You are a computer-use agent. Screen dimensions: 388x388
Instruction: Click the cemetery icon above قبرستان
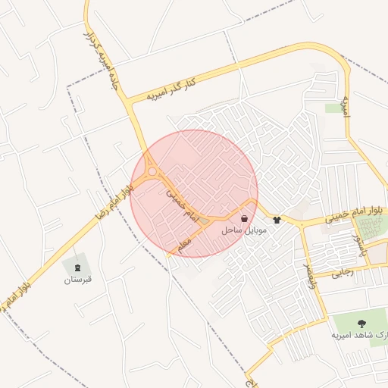tap(77, 267)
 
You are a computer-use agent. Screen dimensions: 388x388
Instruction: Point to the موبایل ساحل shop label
tap(242, 229)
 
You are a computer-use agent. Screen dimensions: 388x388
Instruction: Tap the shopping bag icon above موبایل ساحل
tap(242, 217)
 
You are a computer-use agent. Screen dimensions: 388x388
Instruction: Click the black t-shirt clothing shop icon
tap(277, 220)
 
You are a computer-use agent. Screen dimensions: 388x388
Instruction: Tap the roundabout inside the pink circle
tap(152, 172)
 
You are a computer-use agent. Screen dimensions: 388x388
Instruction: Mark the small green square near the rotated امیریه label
tap(333, 108)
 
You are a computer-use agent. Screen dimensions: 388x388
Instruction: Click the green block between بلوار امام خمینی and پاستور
tap(371, 226)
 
